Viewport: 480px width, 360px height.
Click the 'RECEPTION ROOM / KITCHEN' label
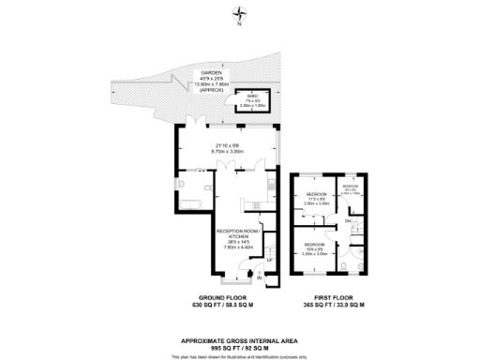coord(235,232)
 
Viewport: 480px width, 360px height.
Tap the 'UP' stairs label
coord(269,260)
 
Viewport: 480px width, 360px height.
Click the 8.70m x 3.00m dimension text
coord(230,151)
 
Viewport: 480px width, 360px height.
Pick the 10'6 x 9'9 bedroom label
coord(314,249)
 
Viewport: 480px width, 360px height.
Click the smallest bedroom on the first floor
coord(350,189)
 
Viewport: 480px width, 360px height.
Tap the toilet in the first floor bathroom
coord(348,265)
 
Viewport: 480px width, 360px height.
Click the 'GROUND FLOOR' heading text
coord(223,299)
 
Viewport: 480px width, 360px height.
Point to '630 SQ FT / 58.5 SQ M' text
coord(223,307)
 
